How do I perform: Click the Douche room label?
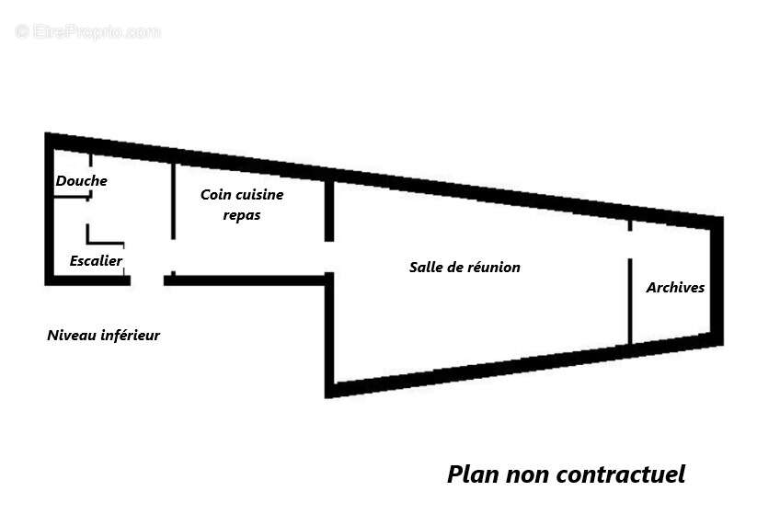tap(81, 181)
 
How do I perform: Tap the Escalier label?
tap(96, 261)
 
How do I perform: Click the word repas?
tap(242, 215)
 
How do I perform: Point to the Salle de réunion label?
tap(465, 268)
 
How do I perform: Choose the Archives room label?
tap(675, 288)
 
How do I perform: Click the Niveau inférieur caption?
tap(103, 336)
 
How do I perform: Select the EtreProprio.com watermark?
tap(88, 32)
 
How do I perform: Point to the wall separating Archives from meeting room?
tap(629, 299)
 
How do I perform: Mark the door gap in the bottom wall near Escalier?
tap(147, 279)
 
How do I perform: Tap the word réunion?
tap(493, 268)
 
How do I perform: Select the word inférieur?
tap(131, 336)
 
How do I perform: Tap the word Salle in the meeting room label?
tap(425, 268)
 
